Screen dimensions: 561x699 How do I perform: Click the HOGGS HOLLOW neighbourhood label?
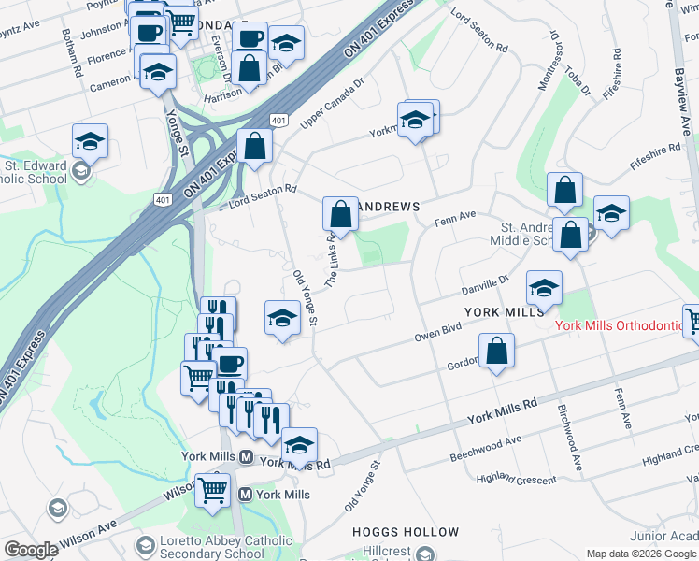pos(405,531)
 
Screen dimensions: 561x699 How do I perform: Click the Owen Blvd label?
pos(438,334)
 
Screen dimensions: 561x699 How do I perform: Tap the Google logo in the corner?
pos(31,550)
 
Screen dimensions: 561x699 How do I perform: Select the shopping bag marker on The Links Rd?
pos(342,214)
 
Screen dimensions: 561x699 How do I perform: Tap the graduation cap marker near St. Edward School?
pos(90,140)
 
